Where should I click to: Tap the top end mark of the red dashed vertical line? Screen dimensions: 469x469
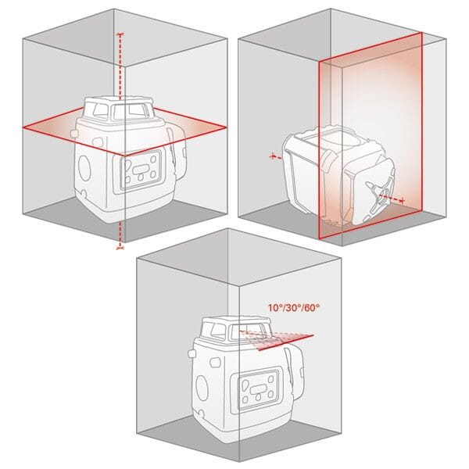(x=120, y=35)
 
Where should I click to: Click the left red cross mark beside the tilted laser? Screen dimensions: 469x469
(x=274, y=157)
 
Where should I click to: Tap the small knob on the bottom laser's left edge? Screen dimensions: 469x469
(x=192, y=353)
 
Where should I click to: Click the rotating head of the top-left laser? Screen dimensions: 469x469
(x=125, y=110)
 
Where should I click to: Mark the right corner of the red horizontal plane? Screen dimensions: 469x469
(x=226, y=126)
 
